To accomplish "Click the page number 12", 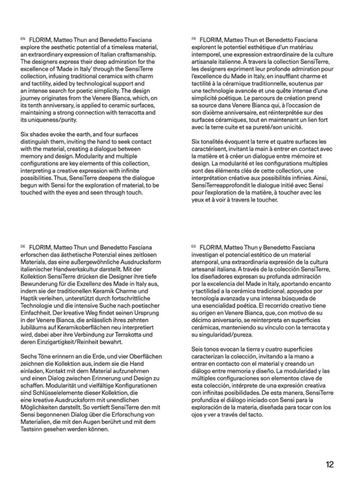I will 330,464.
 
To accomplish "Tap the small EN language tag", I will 22,39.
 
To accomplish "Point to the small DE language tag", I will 22,246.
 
